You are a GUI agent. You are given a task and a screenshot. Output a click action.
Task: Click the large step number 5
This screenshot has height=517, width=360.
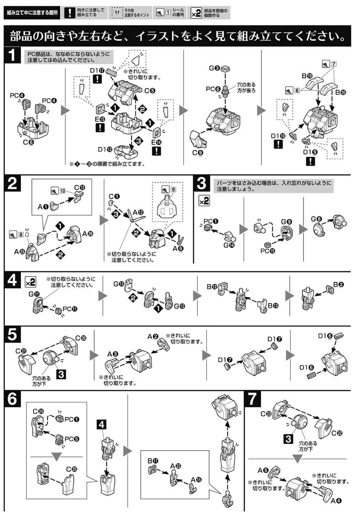(x=12, y=334)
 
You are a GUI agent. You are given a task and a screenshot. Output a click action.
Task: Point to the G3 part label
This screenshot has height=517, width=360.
(x=214, y=68)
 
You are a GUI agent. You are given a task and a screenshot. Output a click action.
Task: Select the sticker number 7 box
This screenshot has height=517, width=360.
(x=333, y=64)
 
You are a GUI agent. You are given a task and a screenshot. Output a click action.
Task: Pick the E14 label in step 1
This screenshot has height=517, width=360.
(x=156, y=142)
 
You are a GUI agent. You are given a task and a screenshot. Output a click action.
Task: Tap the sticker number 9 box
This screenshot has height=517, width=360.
(x=173, y=189)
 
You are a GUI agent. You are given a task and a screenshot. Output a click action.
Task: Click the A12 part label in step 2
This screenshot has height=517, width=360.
(x=138, y=212)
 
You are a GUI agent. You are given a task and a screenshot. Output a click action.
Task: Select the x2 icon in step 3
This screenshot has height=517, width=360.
(x=204, y=201)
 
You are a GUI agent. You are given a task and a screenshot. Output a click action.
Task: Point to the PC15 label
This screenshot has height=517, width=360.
(x=268, y=251)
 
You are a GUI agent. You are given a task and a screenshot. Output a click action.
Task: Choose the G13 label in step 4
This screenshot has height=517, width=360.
(x=119, y=284)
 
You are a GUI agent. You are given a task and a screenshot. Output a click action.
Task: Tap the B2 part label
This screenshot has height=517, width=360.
(x=338, y=285)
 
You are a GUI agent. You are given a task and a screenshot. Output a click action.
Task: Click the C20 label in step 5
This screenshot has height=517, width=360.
(x=81, y=338)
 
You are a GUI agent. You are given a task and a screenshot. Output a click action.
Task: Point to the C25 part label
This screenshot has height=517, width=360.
(x=72, y=469)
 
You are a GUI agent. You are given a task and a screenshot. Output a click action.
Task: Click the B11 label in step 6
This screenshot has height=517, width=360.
(x=153, y=461)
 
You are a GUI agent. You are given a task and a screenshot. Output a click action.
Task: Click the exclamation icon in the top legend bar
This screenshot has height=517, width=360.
(x=70, y=13)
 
